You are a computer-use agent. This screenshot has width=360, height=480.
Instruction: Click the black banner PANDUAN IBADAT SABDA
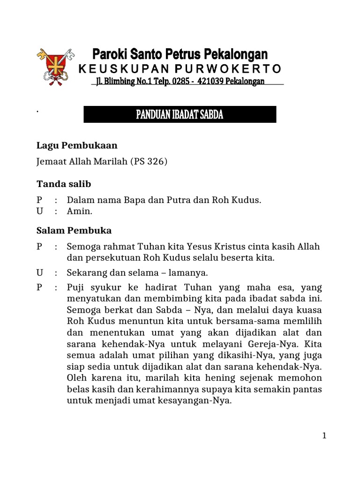point(180,115)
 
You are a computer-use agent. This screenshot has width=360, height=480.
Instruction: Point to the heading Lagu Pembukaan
point(77,145)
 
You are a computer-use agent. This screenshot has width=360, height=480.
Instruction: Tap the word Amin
point(79,211)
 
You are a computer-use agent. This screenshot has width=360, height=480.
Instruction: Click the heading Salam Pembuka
point(74,231)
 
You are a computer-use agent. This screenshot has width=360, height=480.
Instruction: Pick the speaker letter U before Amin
point(40,211)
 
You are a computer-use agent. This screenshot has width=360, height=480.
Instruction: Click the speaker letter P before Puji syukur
point(39,287)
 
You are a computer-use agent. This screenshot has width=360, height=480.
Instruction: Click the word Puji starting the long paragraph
point(76,287)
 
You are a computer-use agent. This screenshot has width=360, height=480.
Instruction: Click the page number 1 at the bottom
point(324,436)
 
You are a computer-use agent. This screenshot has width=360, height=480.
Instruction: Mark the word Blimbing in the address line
point(120,82)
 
